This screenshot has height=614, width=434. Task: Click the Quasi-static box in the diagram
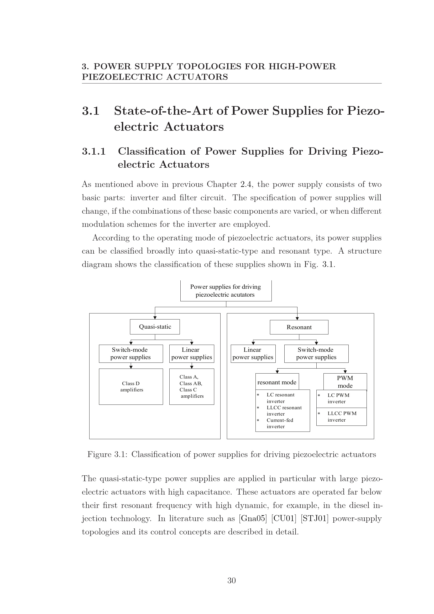(x=155, y=327)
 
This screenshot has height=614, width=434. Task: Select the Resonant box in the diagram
(x=299, y=327)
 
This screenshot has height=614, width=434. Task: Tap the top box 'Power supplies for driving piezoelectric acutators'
(x=226, y=291)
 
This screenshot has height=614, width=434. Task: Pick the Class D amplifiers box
(x=131, y=387)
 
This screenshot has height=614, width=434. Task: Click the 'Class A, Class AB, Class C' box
(x=191, y=387)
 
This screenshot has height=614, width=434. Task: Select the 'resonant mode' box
(x=277, y=382)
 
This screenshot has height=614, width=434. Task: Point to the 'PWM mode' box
(x=345, y=382)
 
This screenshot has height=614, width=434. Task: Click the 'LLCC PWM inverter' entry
(x=342, y=417)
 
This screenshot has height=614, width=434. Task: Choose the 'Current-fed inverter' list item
(x=280, y=423)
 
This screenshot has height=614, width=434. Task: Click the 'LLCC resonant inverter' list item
(x=284, y=411)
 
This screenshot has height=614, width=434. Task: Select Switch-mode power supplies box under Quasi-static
(x=131, y=354)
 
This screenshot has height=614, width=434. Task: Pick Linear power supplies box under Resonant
(x=253, y=354)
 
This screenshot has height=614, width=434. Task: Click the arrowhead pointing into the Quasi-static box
(x=155, y=318)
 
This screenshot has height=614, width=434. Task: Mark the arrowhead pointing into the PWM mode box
(x=345, y=372)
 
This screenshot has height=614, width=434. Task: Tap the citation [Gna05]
(x=253, y=518)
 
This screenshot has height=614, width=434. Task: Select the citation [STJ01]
(x=314, y=518)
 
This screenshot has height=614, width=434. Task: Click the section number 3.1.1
(x=93, y=151)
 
